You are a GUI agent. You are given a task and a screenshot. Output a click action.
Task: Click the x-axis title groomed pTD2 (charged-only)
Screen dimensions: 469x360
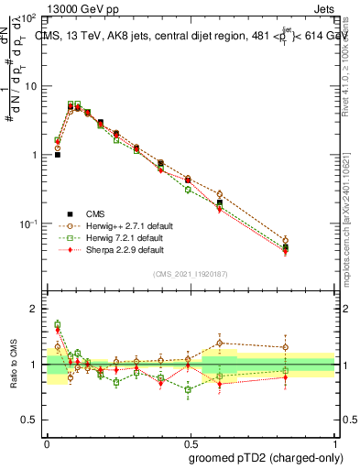(x=260, y=457)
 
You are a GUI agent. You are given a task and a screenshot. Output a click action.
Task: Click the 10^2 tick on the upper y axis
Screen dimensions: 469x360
(x=28, y=18)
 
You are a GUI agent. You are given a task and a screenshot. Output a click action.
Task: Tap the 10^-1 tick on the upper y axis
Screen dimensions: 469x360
(x=28, y=224)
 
